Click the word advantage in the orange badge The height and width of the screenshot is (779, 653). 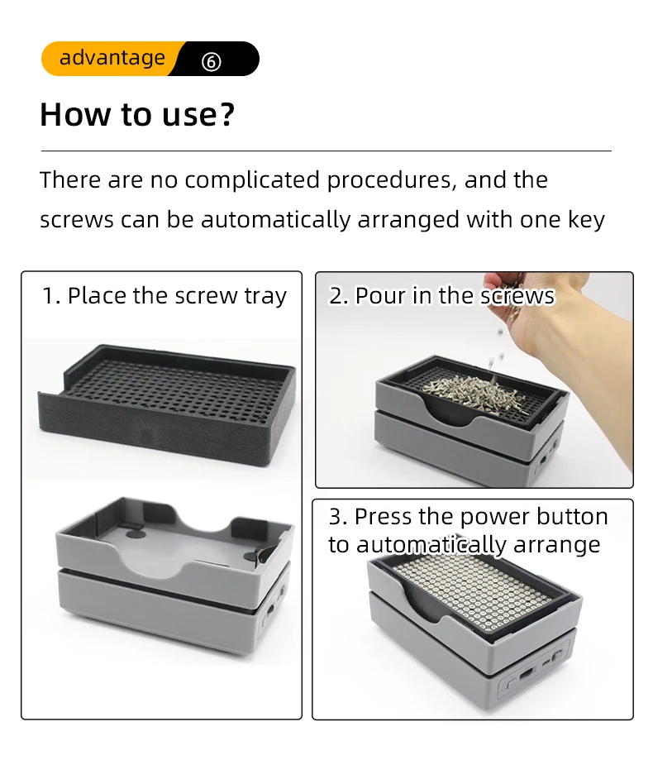(112, 59)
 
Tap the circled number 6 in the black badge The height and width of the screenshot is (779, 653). (211, 62)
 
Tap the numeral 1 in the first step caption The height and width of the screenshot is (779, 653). (49, 295)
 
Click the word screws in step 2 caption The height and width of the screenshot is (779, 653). (517, 297)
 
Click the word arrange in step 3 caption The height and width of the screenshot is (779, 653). (556, 546)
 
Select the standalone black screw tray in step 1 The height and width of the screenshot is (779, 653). (167, 404)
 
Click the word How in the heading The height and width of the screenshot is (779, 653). (75, 114)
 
